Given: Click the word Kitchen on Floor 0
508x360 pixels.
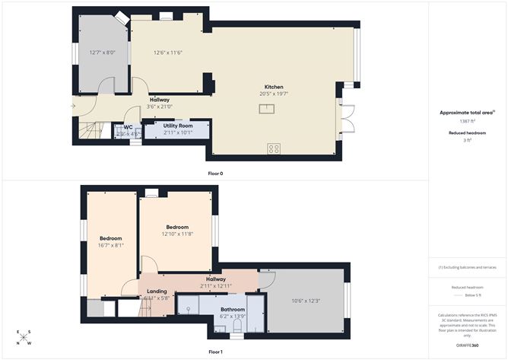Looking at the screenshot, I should (274, 87).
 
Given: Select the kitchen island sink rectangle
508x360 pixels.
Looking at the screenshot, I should (266, 109).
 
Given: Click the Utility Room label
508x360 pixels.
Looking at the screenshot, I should (178, 125).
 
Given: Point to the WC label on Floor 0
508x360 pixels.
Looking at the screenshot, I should (129, 127).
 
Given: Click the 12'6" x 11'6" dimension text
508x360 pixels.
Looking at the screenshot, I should (168, 53).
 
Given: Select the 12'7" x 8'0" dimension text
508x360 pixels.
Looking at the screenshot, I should (100, 53).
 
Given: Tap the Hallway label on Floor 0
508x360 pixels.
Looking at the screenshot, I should (160, 100).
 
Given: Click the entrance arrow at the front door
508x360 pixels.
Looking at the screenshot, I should (74, 106).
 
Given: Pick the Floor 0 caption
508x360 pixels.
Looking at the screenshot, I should (216, 174).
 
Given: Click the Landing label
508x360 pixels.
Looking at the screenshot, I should (157, 291).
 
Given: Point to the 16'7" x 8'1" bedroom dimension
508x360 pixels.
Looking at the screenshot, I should (111, 245).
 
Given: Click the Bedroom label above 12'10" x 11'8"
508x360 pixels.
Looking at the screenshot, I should (177, 227).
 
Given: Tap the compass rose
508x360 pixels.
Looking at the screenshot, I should (24, 337).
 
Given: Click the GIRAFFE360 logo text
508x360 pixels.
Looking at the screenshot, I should (467, 346).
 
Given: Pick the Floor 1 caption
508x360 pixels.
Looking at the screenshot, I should (216, 352).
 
